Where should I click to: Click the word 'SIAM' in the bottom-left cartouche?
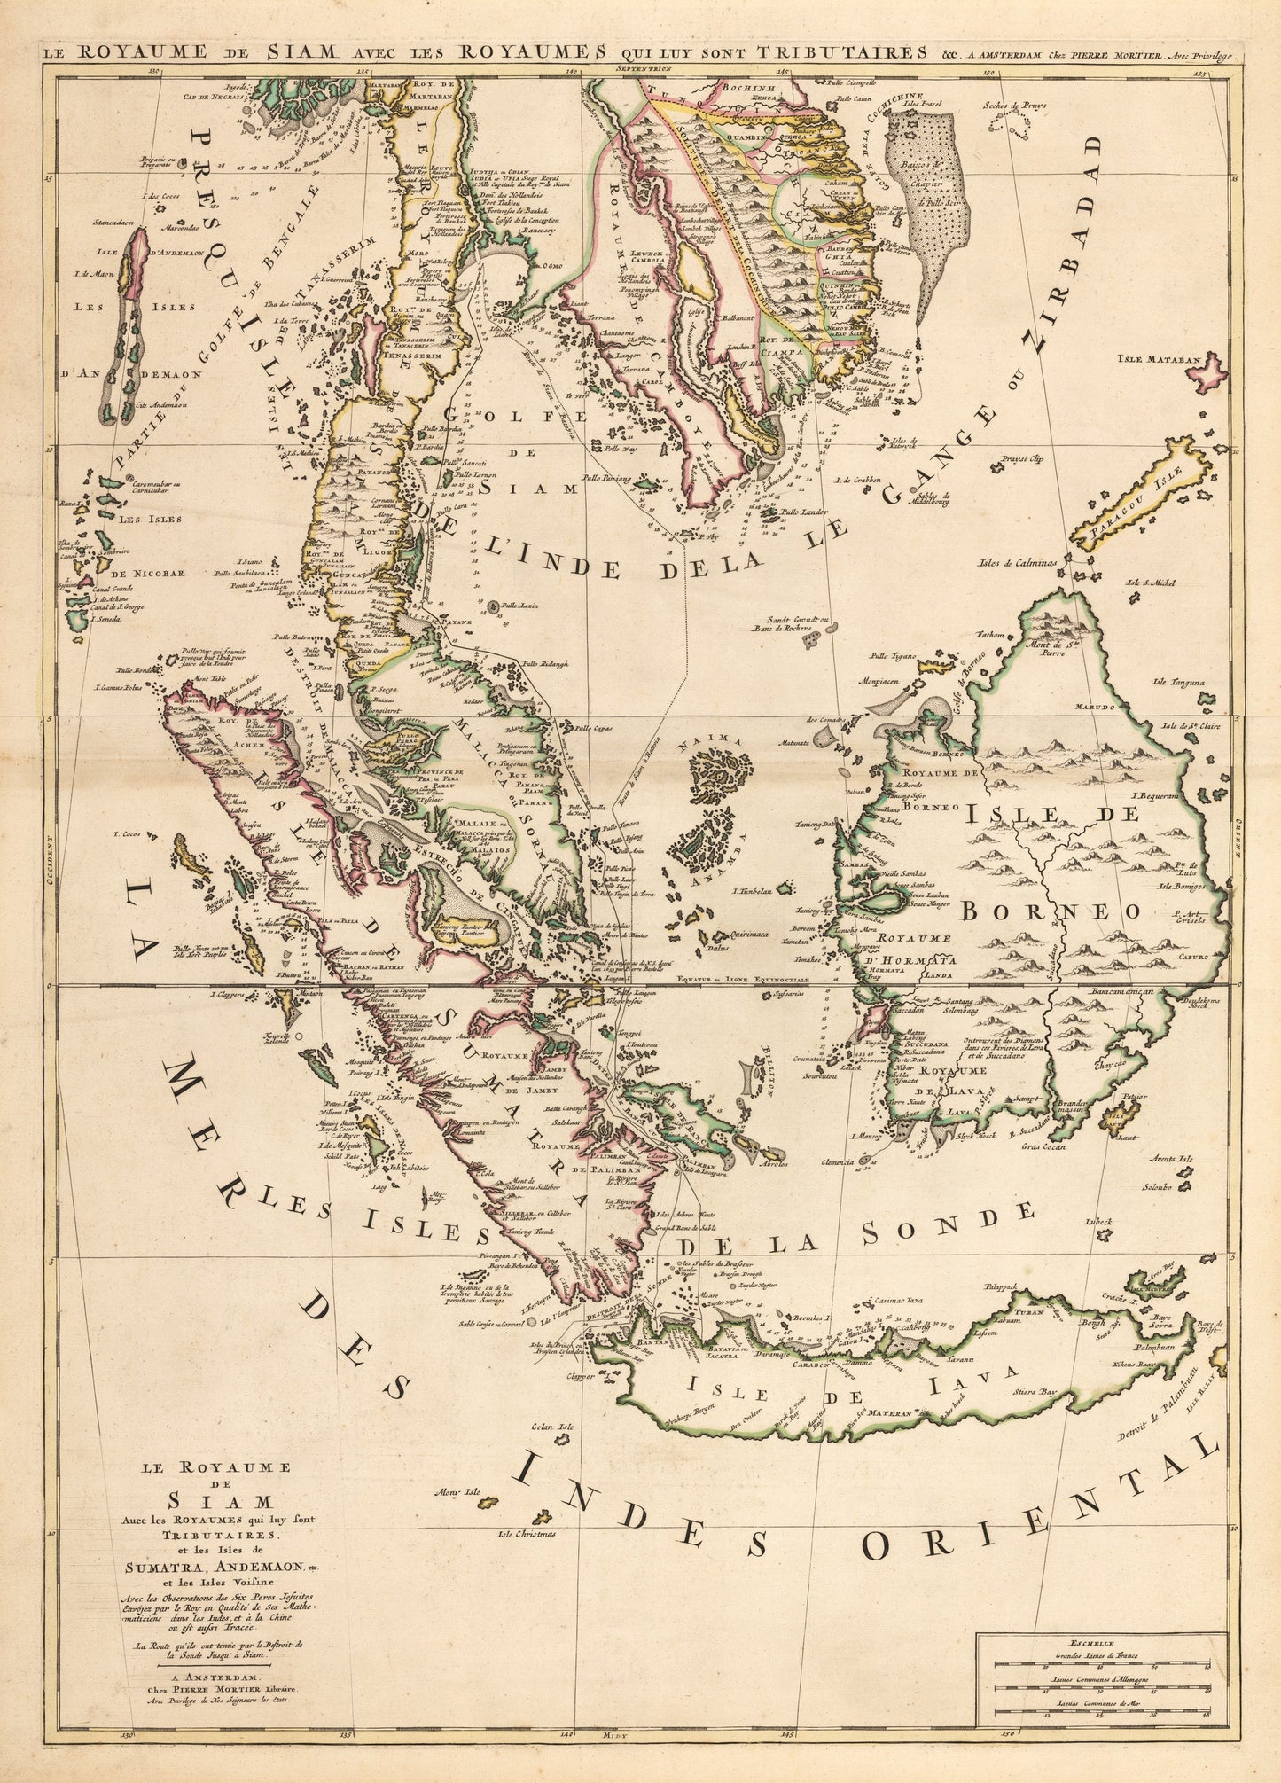203,1502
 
